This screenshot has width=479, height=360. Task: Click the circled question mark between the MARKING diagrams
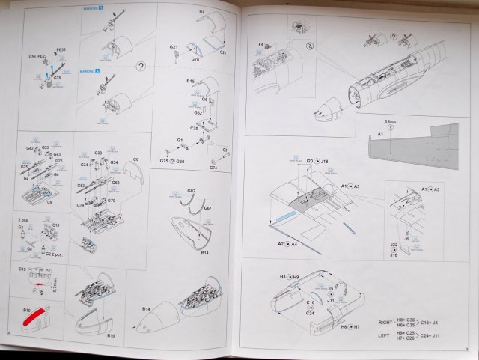click(x=139, y=66)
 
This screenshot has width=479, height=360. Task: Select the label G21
click(x=172, y=46)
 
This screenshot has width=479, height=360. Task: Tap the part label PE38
click(x=61, y=50)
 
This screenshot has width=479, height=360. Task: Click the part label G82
click(x=191, y=191)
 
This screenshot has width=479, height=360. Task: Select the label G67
click(x=208, y=207)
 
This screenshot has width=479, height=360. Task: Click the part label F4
click(x=263, y=44)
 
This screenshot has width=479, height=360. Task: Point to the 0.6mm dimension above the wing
click(x=390, y=122)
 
